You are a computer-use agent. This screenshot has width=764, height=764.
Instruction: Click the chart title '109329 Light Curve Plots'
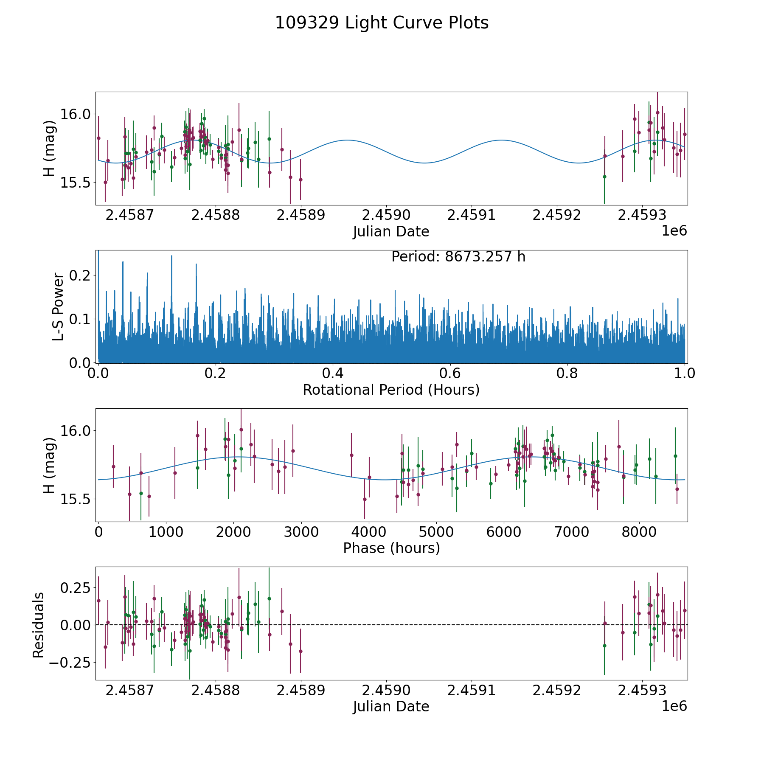382,23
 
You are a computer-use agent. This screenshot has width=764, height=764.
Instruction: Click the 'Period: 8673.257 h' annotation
458,257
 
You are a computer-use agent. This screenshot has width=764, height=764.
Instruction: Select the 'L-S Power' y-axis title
59,306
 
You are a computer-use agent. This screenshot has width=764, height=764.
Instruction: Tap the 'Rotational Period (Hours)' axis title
391,390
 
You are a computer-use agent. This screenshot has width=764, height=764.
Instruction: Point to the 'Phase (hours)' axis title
391,548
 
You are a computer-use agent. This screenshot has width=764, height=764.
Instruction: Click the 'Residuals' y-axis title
39,625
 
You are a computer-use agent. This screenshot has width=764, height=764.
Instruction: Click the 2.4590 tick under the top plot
386,215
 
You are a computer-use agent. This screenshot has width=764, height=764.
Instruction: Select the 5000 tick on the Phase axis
436,532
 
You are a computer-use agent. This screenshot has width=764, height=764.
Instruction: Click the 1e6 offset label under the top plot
674,231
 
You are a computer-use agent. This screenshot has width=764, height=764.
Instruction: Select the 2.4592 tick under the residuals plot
557,690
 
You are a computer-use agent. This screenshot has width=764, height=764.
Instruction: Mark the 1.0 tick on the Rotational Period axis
685,374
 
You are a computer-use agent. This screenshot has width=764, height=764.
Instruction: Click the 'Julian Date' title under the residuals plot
391,706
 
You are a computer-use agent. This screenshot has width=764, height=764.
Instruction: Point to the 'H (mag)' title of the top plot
50,149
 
